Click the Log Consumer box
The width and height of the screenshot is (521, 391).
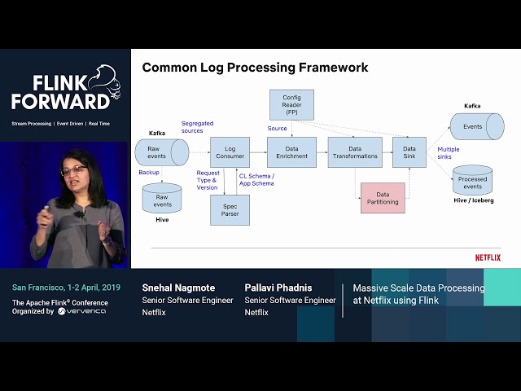coord(230,152)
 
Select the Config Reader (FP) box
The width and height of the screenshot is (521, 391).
coord(291,105)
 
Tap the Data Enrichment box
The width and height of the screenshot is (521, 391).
coord(291,152)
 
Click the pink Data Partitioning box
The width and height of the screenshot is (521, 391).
coord(383,198)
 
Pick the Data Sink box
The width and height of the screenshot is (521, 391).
coord(409,152)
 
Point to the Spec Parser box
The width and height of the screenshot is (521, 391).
coord(230,209)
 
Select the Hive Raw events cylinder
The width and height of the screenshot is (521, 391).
coord(162,198)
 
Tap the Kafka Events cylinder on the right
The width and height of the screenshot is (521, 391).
coord(477,126)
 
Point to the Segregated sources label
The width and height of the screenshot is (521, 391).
coord(198,127)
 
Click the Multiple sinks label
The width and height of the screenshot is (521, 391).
coord(448,154)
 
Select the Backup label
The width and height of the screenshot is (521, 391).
coord(148,173)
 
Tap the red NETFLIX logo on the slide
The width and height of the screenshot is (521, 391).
coord(488,257)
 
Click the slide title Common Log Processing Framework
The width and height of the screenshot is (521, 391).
coord(255,68)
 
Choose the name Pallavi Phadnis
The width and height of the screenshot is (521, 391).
coord(278,288)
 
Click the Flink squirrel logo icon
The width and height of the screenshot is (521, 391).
coord(100,81)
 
